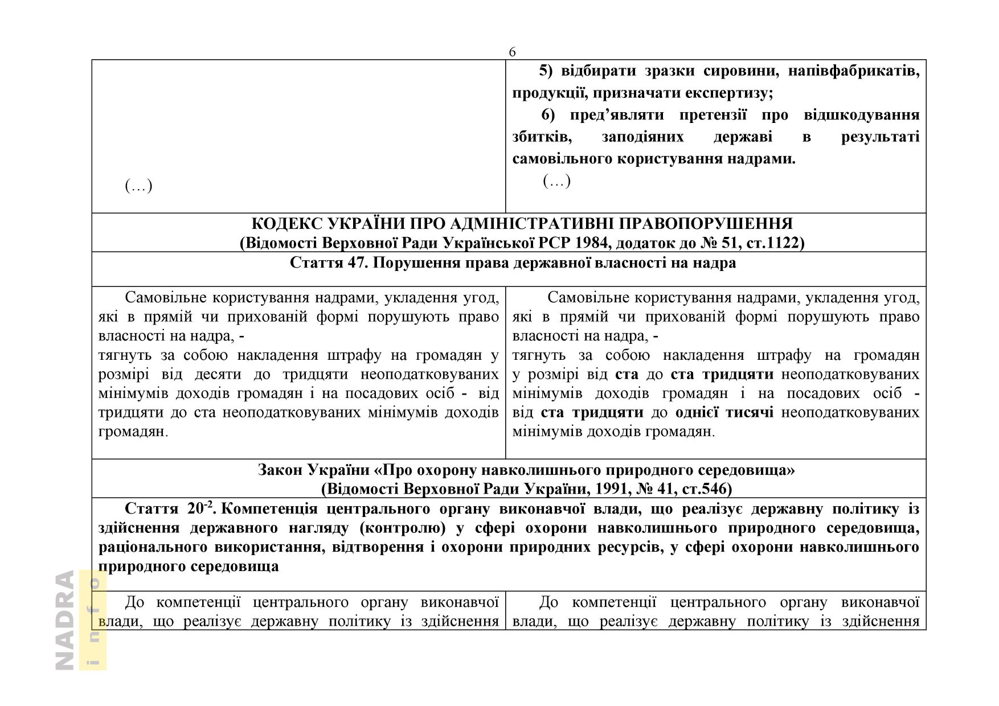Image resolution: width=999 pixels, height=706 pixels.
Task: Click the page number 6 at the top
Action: [x=512, y=52]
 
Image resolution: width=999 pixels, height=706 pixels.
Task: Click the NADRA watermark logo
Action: [x=65, y=620]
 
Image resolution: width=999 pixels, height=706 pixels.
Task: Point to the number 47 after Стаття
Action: [x=354, y=263]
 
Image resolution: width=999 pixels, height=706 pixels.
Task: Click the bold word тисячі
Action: [x=750, y=412]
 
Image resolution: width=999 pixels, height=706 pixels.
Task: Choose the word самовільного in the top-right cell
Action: [x=555, y=159]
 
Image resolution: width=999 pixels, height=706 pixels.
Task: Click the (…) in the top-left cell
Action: [x=138, y=186]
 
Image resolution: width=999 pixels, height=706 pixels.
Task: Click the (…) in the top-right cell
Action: [x=556, y=181]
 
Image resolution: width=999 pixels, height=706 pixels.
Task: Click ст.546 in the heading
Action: [x=705, y=489]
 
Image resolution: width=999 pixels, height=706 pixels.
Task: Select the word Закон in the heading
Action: [x=280, y=470]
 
